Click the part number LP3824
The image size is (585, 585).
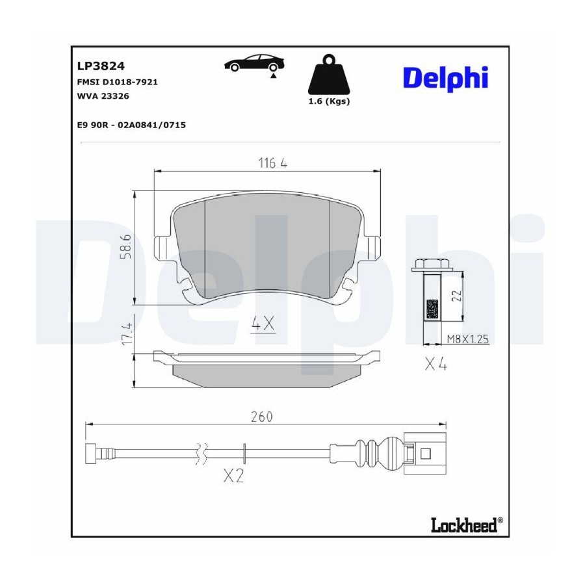coord(101,66)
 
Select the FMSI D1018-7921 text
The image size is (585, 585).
coord(117,82)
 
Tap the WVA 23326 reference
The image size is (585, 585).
coord(103,96)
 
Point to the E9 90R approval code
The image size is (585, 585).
coord(131,125)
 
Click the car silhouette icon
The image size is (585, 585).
coord(254,64)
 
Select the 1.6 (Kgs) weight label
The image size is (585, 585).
coord(329,101)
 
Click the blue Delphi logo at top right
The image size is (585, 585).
coord(446,79)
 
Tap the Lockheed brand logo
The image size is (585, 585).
coord(467,525)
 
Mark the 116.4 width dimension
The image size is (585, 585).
coord(273,163)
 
